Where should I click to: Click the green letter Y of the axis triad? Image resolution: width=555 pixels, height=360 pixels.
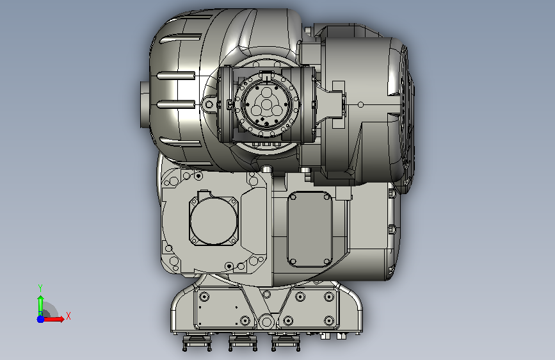pos(40,288)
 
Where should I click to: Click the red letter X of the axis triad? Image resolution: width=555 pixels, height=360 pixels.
pos(68,316)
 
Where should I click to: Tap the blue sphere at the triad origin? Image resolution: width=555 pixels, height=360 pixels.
pos(41,319)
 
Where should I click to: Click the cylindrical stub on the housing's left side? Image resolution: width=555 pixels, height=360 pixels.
pos(145,104)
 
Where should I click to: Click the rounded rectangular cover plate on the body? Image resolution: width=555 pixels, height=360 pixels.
pos(310,229)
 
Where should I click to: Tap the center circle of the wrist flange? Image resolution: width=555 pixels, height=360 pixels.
pos(266,104)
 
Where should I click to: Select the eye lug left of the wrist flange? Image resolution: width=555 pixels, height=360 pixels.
pos(209,104)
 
